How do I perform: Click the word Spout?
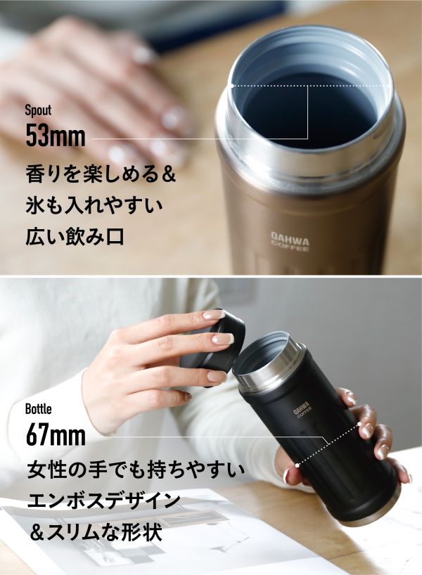[x=38, y=111]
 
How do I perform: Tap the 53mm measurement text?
[x=56, y=136]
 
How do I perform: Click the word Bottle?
[x=39, y=409]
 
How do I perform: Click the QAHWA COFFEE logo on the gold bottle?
[x=290, y=241]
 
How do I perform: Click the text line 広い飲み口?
[x=75, y=236]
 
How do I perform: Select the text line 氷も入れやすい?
[x=94, y=205]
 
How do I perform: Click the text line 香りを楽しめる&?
[x=101, y=174]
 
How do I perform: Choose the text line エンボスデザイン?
[x=103, y=500]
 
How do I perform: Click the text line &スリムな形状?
[x=96, y=532]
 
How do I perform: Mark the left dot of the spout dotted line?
[x=232, y=86]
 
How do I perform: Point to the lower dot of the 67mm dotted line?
[x=298, y=465]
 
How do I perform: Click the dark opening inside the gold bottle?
[x=310, y=110]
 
